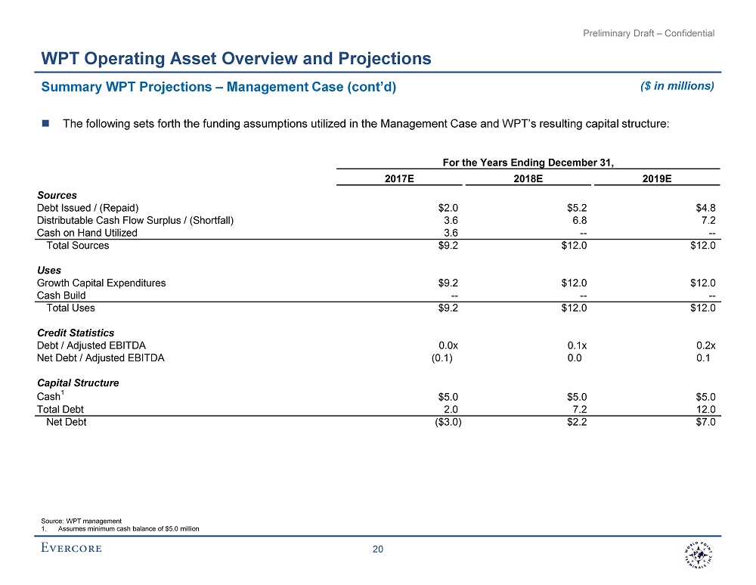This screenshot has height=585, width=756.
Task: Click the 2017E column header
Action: point(399,178)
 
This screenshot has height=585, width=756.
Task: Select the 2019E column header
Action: point(657,178)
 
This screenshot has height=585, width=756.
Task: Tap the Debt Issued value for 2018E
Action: point(577,208)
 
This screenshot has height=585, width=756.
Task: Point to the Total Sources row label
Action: point(78,246)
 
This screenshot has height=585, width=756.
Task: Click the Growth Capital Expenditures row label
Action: point(101,283)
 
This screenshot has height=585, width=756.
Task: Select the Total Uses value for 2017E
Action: point(448,308)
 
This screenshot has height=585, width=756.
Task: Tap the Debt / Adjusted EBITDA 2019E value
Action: point(705,345)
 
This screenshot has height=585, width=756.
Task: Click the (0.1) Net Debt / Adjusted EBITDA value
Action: point(442,358)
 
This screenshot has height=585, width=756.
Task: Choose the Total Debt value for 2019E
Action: point(705,410)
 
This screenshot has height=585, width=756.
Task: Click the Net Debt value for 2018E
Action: point(577,422)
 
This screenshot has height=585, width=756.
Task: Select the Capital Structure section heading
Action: point(78,383)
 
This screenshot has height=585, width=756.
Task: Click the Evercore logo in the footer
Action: point(71,548)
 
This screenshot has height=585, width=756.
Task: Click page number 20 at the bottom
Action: point(378,549)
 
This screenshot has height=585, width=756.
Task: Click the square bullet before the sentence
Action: point(46,124)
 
